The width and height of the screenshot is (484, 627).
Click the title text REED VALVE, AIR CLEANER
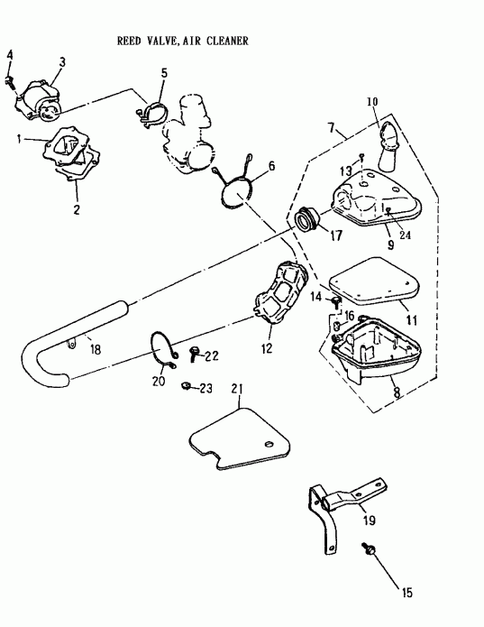coord(183,41)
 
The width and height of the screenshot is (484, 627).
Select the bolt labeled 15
coord(369,549)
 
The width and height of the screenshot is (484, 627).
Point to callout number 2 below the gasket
coord(77,210)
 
